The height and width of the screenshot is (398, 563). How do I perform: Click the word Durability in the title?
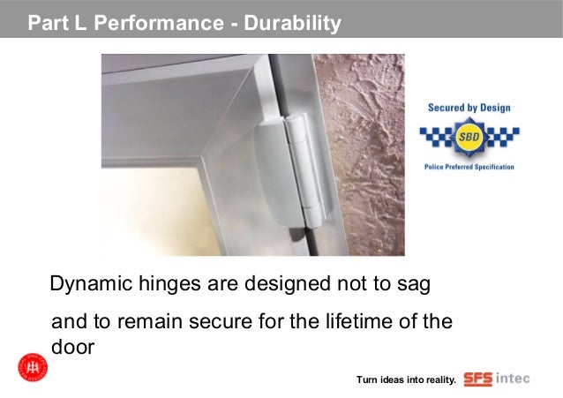[x=291, y=23]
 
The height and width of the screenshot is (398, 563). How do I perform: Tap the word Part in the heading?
[x=46, y=23]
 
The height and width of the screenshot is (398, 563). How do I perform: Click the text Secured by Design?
[x=469, y=109]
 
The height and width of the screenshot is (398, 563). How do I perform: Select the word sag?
[x=415, y=286]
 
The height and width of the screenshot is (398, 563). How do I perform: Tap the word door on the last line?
[x=73, y=347]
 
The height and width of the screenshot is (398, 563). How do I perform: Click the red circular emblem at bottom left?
[x=32, y=367]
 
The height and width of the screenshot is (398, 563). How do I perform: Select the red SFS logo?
[x=477, y=379]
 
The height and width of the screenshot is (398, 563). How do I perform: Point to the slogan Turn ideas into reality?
[x=406, y=380]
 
